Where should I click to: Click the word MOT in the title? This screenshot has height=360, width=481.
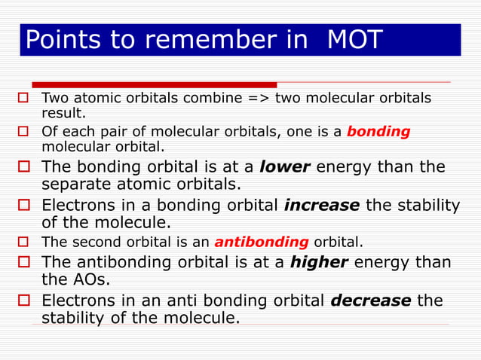[x=355, y=40]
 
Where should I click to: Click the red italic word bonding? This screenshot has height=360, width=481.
[x=378, y=131]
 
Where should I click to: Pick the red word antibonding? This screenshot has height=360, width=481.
[x=262, y=243]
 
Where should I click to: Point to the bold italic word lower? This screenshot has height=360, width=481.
[x=285, y=166]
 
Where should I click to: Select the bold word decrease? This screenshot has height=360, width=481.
[x=371, y=301]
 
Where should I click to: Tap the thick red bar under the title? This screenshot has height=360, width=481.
[x=155, y=84]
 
